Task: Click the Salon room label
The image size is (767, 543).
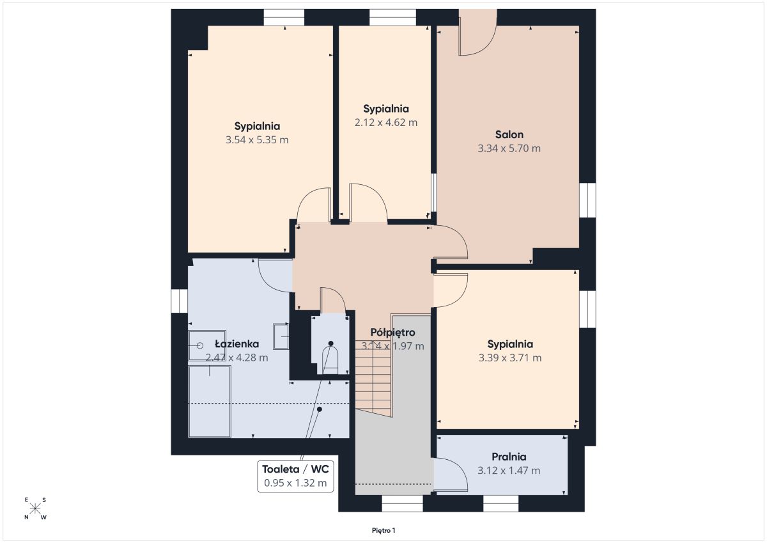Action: pos(509,135)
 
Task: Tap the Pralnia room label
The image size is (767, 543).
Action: pos(509,457)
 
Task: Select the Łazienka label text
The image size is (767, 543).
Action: pos(237,343)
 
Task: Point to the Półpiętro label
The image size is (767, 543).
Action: pos(392,333)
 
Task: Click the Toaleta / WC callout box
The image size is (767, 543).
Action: pos(295,476)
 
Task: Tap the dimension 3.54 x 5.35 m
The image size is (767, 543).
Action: pos(257,140)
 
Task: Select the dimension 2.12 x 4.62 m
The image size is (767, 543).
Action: pos(386,122)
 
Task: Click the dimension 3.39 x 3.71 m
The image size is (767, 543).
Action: pos(510,358)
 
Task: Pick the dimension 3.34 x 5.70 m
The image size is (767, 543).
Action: pos(509,148)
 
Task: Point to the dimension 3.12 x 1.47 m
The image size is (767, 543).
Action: pos(509,470)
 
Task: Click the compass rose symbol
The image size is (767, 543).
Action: pos(35,509)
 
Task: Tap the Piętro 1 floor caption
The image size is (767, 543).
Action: pos(383,531)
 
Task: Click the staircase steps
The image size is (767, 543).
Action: pos(373,379)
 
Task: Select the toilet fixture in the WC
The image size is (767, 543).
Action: pos(330,360)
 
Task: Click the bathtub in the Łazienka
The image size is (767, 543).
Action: pos(210,402)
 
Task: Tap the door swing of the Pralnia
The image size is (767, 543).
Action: pos(451,475)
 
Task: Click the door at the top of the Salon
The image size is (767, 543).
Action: pos(477,32)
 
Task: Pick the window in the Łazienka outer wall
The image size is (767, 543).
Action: pos(179,301)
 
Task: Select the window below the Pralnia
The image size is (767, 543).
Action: pos(500,503)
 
